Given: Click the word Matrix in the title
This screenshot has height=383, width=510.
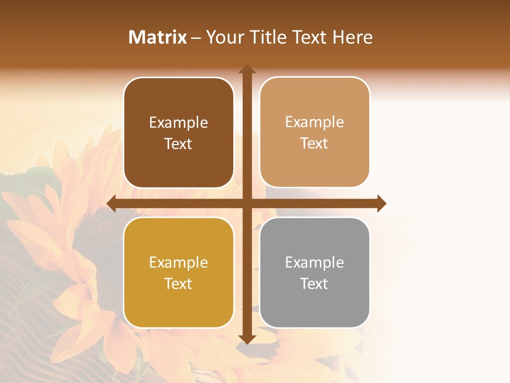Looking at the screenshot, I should [x=158, y=37].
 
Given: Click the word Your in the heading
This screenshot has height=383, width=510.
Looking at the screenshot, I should [x=223, y=37].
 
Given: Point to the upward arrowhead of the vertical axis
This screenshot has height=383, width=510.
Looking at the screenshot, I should [x=247, y=69].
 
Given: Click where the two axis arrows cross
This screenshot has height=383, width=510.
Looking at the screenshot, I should [x=247, y=203].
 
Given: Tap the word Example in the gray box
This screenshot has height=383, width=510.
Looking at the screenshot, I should [x=314, y=262].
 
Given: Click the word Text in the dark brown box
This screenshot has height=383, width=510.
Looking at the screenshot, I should [x=178, y=144].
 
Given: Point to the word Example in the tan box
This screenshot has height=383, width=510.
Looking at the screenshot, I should [x=314, y=122].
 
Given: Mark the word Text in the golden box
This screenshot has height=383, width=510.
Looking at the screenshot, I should [x=178, y=284].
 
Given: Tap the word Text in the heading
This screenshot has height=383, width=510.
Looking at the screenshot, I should [x=310, y=37].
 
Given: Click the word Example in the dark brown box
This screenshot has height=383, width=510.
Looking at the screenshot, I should [x=178, y=122].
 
